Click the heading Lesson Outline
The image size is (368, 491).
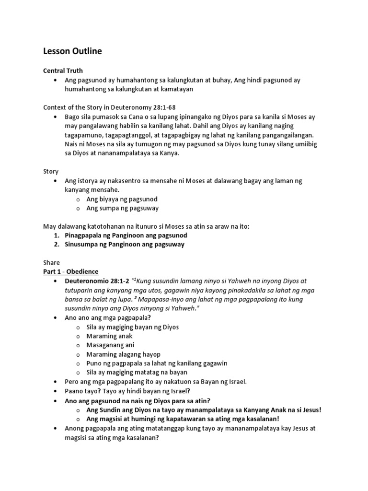pos(72,51)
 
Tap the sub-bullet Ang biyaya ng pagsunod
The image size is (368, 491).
pos(122,199)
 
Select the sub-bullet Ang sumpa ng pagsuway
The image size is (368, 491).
pos(122,208)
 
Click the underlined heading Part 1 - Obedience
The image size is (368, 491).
pos(71,271)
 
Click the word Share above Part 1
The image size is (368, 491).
pos(52,263)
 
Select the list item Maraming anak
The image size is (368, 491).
pos(110,336)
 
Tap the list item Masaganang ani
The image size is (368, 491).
pos(110,345)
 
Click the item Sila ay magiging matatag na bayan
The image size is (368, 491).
pos(137,373)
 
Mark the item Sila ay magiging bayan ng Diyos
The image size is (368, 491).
pos(132,327)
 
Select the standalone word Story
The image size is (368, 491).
pos(51,171)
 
